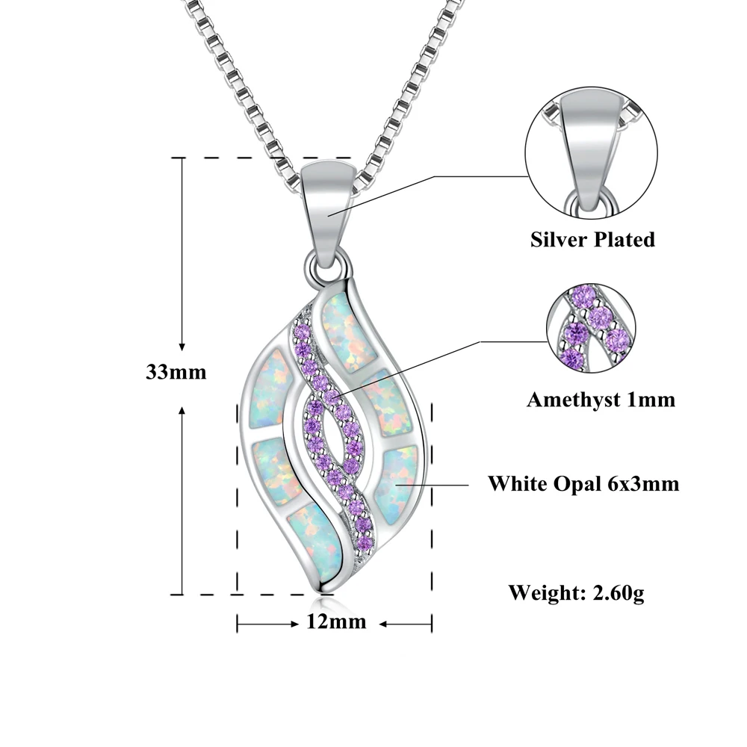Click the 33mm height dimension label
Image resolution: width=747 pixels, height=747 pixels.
pyautogui.click(x=176, y=372)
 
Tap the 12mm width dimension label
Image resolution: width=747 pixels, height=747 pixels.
pyautogui.click(x=336, y=622)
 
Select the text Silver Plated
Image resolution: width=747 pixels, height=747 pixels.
pyautogui.click(x=592, y=239)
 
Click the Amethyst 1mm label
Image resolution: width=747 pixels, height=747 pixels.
pyautogui.click(x=601, y=400)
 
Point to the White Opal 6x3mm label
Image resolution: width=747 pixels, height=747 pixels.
pyautogui.click(x=583, y=484)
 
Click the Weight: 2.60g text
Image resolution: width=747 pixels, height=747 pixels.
pyautogui.click(x=576, y=593)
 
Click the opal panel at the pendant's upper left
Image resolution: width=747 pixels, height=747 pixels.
pyautogui.click(x=269, y=388)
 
